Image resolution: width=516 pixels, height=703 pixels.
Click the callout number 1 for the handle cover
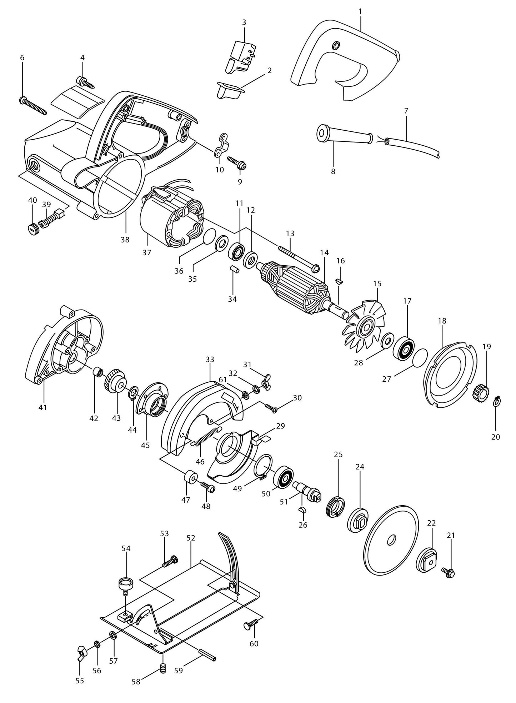[360, 11]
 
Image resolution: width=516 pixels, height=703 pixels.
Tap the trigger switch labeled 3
[241, 56]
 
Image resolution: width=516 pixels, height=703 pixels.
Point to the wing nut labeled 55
[81, 651]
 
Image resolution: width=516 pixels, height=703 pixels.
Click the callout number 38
[125, 240]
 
